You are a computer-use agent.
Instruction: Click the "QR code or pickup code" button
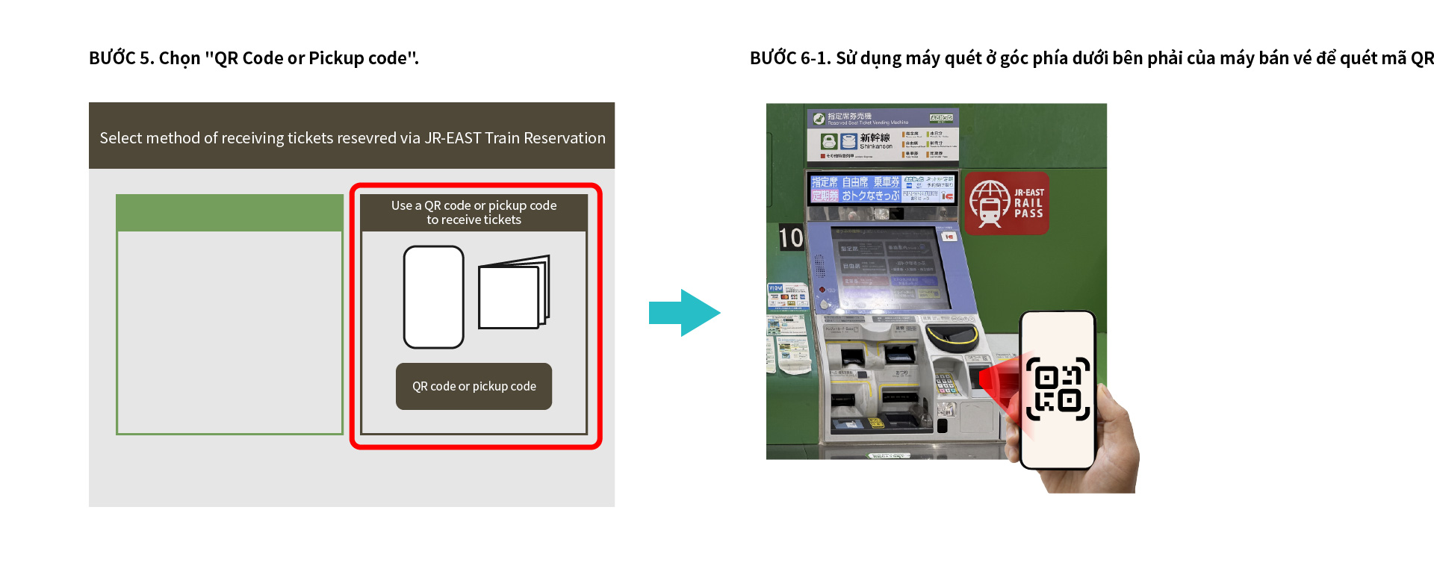click(x=474, y=386)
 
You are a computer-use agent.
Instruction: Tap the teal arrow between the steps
click(x=683, y=313)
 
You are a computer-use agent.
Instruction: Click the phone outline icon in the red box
click(x=433, y=297)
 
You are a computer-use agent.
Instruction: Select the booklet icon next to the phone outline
click(x=513, y=293)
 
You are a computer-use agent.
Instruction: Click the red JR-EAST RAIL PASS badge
click(x=1007, y=203)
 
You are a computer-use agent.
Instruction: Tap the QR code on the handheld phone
click(x=1058, y=389)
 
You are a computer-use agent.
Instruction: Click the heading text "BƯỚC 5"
click(x=113, y=58)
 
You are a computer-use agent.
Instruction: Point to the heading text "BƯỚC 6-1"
click(x=789, y=58)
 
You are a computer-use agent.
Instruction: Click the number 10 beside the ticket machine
click(x=791, y=238)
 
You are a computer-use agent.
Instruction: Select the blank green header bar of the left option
click(x=229, y=213)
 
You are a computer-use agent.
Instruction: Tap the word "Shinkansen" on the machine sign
click(x=875, y=146)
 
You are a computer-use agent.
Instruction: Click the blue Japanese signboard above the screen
click(x=882, y=188)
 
